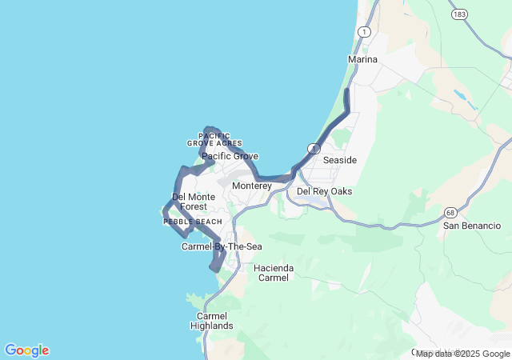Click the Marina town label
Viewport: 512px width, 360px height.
[362, 60]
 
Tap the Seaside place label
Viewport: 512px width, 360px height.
[339, 161]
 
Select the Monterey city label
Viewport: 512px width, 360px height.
[252, 186]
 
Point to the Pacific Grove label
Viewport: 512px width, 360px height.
[230, 157]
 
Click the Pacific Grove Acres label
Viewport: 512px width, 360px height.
[209, 140]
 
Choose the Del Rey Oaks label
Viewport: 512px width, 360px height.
[324, 192]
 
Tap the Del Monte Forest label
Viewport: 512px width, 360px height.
[188, 202]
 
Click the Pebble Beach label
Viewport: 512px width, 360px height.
[193, 222]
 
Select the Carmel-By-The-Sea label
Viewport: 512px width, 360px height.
[222, 246]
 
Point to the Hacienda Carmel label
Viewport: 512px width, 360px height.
[274, 273]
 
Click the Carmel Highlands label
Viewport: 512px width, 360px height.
[212, 321]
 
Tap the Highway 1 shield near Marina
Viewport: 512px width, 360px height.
[365, 31]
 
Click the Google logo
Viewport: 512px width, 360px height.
[26, 350]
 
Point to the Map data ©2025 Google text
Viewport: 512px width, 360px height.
[462, 354]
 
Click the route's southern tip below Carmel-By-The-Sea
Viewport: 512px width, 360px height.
[214, 270]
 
